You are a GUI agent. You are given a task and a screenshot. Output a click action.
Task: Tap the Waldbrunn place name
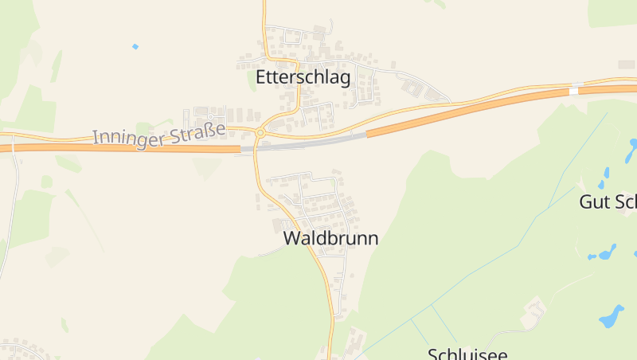pos(330,238)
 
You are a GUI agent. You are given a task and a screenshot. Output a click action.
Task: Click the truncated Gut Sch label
pos(608,202)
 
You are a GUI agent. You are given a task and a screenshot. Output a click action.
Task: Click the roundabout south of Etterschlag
pos(260,132)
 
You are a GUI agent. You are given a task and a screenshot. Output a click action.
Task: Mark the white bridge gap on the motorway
pos(573,91)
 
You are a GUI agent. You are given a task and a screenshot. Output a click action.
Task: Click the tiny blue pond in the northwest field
pos(135,46)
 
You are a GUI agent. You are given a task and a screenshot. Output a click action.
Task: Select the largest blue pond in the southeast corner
pos(612,317)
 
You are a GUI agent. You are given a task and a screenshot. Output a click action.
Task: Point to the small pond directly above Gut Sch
pos(605,172)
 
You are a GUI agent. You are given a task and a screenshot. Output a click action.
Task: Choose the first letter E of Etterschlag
pos(261,77)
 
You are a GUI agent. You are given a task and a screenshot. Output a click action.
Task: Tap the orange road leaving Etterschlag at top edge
pos(264,12)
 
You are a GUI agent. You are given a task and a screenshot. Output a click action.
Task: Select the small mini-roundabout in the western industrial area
pos(209,116)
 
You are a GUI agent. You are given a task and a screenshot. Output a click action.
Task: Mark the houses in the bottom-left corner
pos(20,350)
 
